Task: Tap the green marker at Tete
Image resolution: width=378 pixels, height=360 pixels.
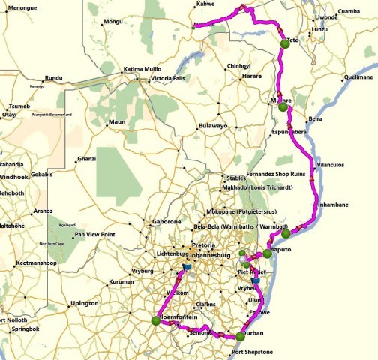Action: (x=285, y=46)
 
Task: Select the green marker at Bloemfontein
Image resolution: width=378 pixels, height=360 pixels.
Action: (x=155, y=320)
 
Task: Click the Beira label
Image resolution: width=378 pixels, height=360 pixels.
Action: (x=316, y=119)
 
